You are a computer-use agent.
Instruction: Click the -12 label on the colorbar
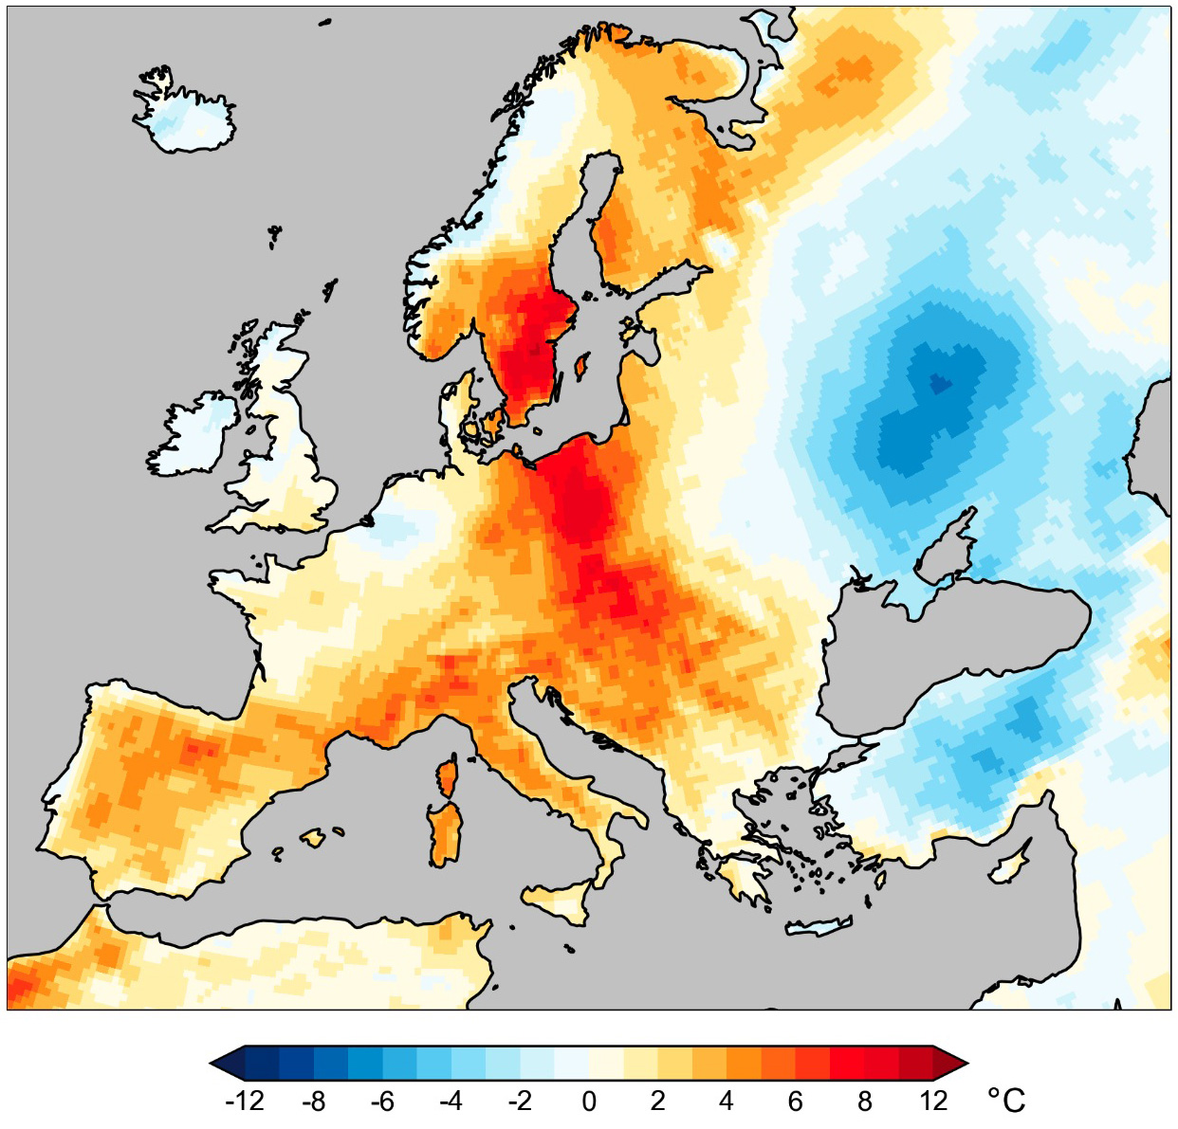click(x=245, y=1101)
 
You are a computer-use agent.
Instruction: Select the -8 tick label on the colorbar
click(x=313, y=1101)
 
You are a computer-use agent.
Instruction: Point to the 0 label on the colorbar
click(x=589, y=1101)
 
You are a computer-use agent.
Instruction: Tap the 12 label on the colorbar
click(x=933, y=1101)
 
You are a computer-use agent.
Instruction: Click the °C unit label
click(x=1006, y=1101)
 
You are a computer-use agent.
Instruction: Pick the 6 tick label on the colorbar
click(x=795, y=1101)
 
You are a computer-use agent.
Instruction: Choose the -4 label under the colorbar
click(x=451, y=1101)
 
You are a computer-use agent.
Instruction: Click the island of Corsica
click(x=447, y=776)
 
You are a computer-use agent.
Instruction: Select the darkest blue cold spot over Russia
click(x=939, y=383)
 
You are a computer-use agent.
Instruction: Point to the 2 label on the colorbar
click(x=657, y=1101)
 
